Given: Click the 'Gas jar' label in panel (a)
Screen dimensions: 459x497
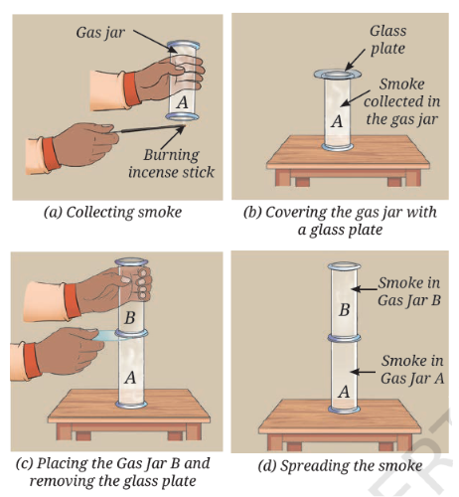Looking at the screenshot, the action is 100,33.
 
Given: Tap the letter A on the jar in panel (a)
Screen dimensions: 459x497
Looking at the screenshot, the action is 183,101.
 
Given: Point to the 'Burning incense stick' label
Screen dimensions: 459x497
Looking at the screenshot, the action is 171,163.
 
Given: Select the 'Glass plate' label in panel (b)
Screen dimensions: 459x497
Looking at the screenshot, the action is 387,40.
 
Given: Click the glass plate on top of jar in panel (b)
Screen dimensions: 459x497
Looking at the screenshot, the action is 338,74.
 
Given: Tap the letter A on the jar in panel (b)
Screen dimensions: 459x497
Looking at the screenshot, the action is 337,121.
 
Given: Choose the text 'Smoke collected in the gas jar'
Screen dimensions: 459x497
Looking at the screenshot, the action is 402,101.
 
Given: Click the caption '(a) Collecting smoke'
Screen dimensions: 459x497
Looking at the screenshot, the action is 112,212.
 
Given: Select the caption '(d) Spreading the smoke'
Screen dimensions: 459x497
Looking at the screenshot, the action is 340,465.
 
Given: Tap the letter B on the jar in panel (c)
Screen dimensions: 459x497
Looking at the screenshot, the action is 130,318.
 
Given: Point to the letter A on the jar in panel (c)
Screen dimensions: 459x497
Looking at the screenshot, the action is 130,378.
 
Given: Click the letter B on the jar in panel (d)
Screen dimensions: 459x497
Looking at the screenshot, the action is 345,310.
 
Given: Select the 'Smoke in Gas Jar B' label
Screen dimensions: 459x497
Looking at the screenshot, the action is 409,291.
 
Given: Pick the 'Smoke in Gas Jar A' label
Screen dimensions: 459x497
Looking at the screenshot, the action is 412,370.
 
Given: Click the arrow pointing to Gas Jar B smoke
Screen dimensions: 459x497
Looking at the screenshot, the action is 365,289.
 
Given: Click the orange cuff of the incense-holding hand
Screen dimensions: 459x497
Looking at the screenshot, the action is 51,154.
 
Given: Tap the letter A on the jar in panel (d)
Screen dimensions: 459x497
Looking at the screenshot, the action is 345,392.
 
